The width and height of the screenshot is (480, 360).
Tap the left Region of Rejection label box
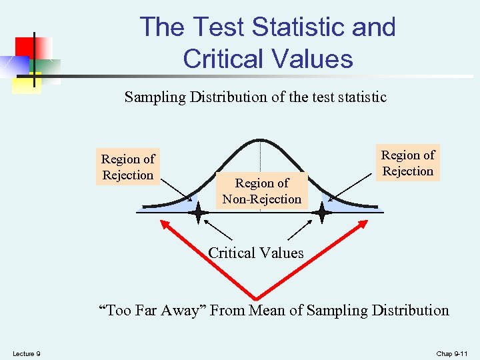127,167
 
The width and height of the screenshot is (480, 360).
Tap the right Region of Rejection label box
407,163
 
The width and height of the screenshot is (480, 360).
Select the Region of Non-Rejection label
262,191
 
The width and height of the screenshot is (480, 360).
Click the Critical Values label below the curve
256,253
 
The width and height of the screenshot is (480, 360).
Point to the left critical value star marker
198,213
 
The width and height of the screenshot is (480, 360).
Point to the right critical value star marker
322,213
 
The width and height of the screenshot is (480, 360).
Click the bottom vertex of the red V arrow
256,297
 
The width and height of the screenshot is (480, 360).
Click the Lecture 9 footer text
26,353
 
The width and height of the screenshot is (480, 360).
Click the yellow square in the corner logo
27,84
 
